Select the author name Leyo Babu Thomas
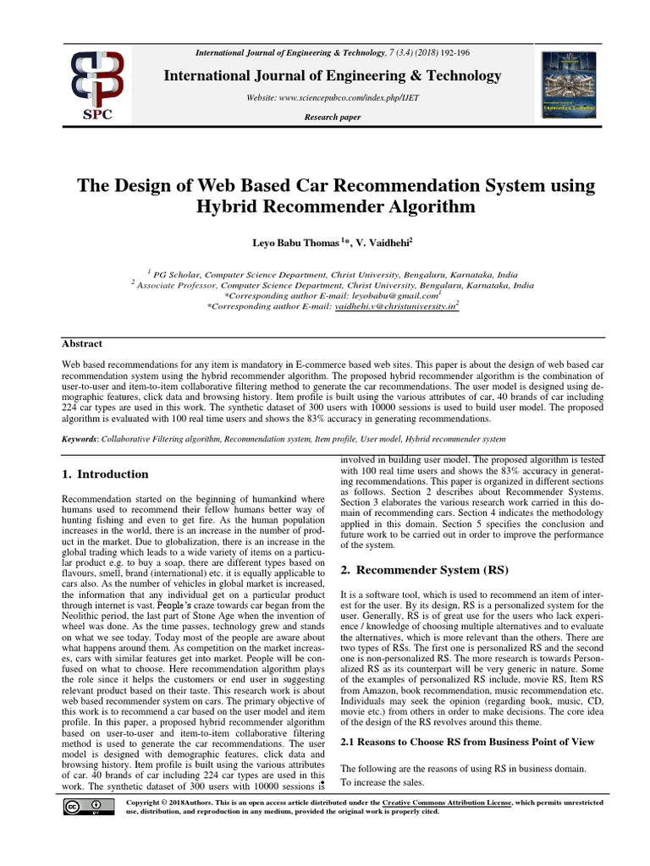(x=295, y=243)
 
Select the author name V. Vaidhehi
(x=383, y=243)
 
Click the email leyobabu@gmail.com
(x=398, y=297)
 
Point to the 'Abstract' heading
(x=82, y=343)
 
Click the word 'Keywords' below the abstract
(x=80, y=439)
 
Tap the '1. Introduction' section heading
(x=106, y=474)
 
